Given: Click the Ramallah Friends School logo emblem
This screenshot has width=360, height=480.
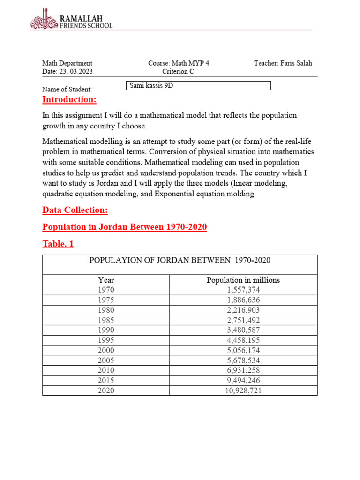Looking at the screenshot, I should click(x=45, y=20).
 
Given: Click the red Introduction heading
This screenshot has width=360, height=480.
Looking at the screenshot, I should click(x=69, y=99).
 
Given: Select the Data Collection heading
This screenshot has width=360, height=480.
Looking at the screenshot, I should click(x=75, y=210).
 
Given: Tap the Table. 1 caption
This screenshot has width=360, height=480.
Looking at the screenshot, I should click(x=58, y=244).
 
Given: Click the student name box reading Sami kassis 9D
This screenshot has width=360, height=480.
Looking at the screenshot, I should click(x=199, y=86).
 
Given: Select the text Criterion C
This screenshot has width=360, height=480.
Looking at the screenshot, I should click(x=178, y=72).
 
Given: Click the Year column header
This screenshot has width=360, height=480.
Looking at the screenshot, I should click(x=106, y=280).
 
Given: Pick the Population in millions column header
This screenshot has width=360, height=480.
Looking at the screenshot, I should click(x=243, y=280).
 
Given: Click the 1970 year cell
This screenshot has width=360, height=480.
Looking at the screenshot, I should click(x=106, y=290).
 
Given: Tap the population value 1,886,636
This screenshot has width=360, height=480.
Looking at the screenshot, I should click(x=243, y=300).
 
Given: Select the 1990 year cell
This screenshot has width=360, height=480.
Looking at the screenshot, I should click(x=106, y=330).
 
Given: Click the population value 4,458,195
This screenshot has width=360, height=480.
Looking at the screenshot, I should click(x=243, y=340).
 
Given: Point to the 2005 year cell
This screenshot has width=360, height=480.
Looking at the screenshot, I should click(x=106, y=360).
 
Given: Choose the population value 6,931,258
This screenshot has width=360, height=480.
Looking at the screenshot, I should click(x=243, y=370).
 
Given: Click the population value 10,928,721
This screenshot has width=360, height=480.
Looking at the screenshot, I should click(x=243, y=390).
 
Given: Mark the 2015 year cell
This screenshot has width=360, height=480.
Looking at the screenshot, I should click(x=106, y=380).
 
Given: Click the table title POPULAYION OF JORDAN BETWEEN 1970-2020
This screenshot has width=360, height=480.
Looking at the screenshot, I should click(x=180, y=260).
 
